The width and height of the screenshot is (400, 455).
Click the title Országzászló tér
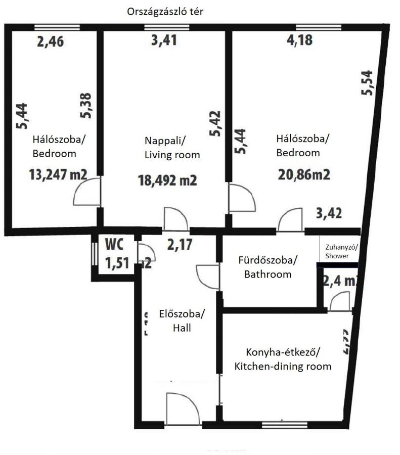coord(165,12)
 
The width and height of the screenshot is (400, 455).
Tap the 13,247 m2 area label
coord(58,175)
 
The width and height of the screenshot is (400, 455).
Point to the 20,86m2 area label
coord(304,175)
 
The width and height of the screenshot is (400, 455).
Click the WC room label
coord(114,244)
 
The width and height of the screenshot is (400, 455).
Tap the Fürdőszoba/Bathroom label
coord(268,267)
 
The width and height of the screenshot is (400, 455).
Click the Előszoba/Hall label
coord(182,321)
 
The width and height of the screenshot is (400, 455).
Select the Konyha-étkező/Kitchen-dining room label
coord(283,359)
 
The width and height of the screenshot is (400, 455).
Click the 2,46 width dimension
coord(51,41)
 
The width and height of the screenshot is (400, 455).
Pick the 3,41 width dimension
coord(164,39)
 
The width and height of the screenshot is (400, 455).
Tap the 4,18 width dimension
coord(300,39)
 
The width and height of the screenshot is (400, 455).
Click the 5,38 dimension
coord(86,105)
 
